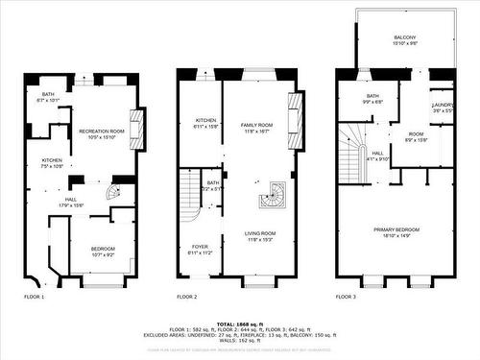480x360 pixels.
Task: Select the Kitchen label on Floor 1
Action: tap(51, 162)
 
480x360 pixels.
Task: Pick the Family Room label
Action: tap(257, 129)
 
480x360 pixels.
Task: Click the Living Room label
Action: tap(257, 236)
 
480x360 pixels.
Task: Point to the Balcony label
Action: tap(404, 41)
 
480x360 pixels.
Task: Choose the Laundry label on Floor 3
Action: tap(443, 107)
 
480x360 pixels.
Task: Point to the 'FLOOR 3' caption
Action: tap(347, 297)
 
